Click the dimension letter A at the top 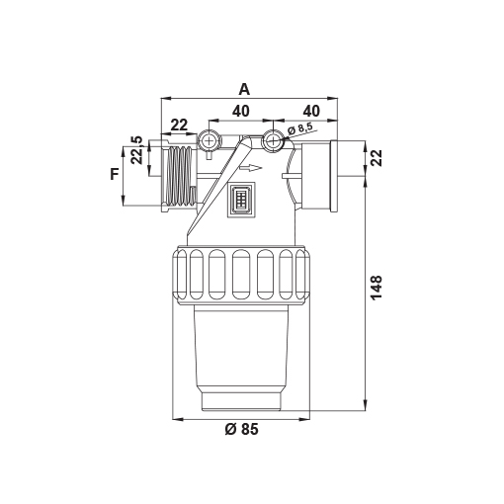coord(244,89)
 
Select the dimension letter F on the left coord(115,174)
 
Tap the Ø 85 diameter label coord(242,429)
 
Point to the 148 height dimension coord(376,288)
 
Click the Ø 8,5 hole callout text coord(299,128)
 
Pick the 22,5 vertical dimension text coord(136,150)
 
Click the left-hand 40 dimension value coord(241,112)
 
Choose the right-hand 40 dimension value coord(311,112)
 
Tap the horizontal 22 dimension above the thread coord(179,125)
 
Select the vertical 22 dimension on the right coord(376,158)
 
